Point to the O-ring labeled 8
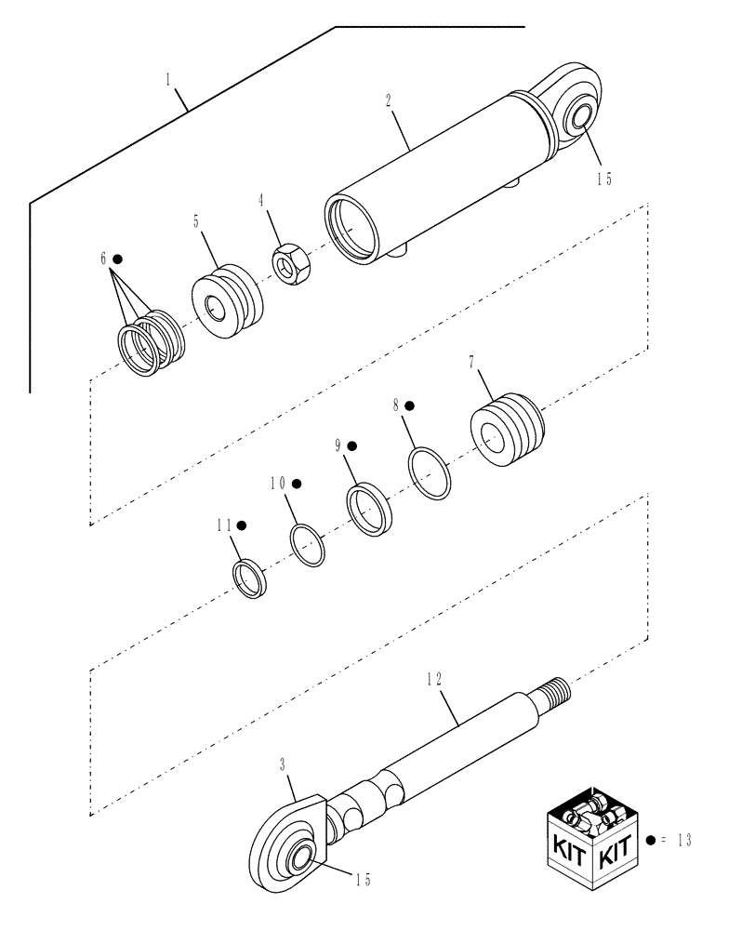pyautogui.click(x=430, y=472)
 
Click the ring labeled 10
pyautogui.click(x=309, y=544)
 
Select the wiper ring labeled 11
pyautogui.click(x=249, y=579)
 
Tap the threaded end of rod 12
pyautogui.click(x=559, y=690)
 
